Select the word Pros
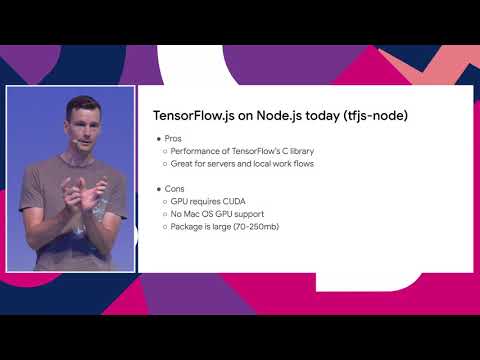tap(172, 138)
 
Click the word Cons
tap(173, 188)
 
